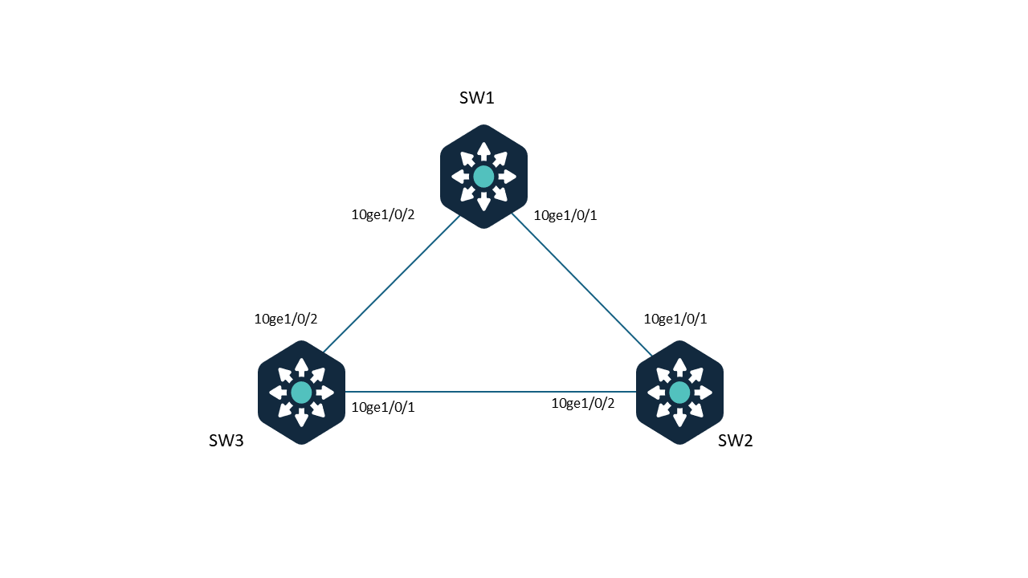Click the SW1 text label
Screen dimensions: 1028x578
pyautogui.click(x=476, y=98)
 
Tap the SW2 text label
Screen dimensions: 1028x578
pyautogui.click(x=735, y=441)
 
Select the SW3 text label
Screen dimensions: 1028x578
pyautogui.click(x=226, y=441)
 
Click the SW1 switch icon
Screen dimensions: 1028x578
pyautogui.click(x=483, y=177)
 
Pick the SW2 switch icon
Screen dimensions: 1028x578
pyautogui.click(x=679, y=393)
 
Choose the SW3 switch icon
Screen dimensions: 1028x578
pyautogui.click(x=301, y=393)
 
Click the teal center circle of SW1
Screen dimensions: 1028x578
pyautogui.click(x=483, y=177)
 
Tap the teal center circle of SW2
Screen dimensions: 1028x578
pyautogui.click(x=679, y=393)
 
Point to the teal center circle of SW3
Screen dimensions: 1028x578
pyautogui.click(x=301, y=393)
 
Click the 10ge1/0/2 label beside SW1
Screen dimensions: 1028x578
pyautogui.click(x=383, y=214)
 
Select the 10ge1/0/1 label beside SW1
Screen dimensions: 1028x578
pyautogui.click(x=565, y=215)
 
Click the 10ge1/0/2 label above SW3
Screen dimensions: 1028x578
pyautogui.click(x=286, y=319)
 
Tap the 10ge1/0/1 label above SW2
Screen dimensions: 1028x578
pyautogui.click(x=675, y=319)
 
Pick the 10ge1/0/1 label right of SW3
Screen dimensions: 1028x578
pyautogui.click(x=383, y=407)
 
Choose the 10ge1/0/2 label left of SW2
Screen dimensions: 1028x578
pyautogui.click(x=583, y=403)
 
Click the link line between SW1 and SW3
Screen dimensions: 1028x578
pyautogui.click(x=392, y=284)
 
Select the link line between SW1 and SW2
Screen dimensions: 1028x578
pyautogui.click(x=582, y=284)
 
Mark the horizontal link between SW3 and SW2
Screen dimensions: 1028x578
pyautogui.click(x=491, y=392)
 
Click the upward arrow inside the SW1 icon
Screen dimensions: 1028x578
pyautogui.click(x=483, y=151)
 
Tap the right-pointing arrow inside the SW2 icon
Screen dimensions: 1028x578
pyautogui.click(x=704, y=393)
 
